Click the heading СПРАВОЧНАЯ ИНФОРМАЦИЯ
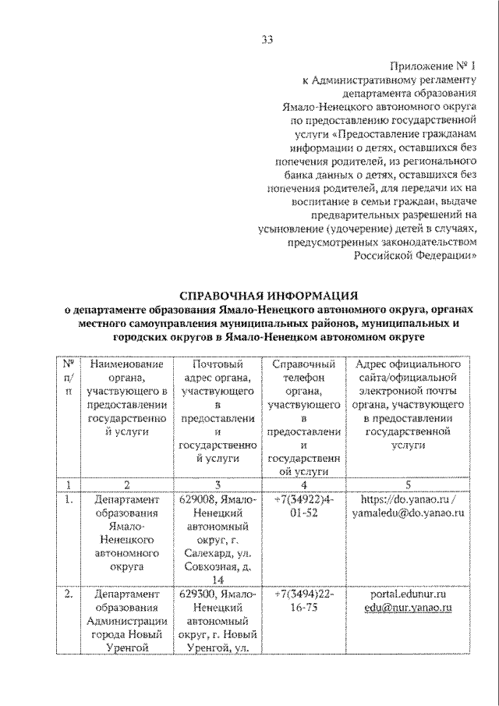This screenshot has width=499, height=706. [269, 296]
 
